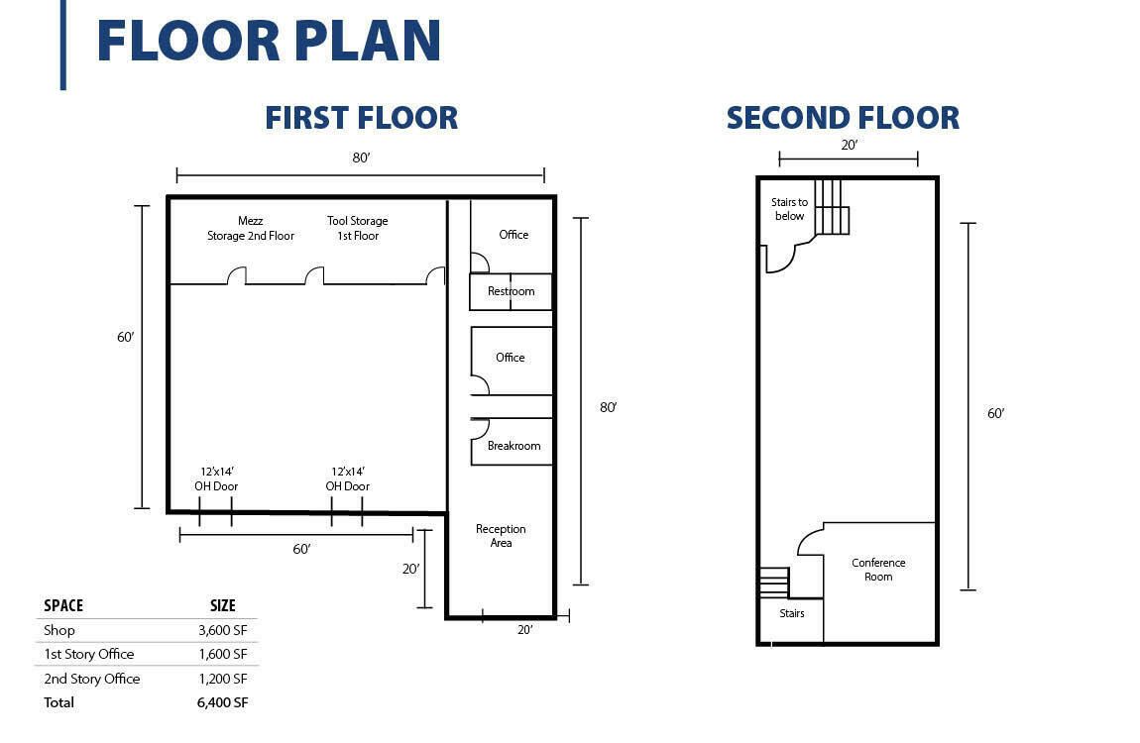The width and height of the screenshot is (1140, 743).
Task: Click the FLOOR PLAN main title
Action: point(269,41)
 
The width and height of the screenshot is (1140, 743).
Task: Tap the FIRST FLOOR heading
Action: point(362,118)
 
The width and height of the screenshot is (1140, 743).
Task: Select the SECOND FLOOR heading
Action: point(843,118)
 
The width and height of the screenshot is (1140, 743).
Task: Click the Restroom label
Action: point(512,291)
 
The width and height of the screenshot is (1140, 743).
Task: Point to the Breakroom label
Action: point(514,446)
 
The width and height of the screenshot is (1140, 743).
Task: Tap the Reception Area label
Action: point(501,536)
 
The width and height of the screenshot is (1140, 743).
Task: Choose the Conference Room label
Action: point(878,570)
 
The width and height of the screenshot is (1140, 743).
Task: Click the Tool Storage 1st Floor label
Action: point(358,228)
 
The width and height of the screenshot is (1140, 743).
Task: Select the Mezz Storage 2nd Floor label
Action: point(251,228)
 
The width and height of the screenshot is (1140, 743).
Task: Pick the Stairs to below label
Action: point(789,209)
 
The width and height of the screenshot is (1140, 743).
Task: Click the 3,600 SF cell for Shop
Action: point(222,630)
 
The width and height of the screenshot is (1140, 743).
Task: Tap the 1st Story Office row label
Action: point(88,655)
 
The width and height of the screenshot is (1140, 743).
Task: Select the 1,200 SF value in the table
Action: point(222,679)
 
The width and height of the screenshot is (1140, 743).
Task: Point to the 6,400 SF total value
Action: point(222,702)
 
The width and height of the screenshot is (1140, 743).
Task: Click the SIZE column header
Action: point(222,605)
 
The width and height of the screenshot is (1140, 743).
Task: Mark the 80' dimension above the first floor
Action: point(362,158)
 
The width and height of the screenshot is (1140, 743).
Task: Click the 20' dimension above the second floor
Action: point(850,146)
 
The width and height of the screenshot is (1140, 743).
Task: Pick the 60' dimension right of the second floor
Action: point(995,413)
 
